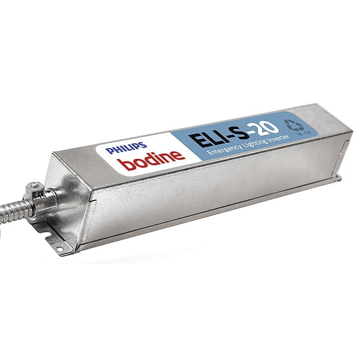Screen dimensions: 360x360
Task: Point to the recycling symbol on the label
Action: pyautogui.click(x=297, y=125)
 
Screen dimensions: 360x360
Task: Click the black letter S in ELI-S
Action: pyautogui.click(x=237, y=134)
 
